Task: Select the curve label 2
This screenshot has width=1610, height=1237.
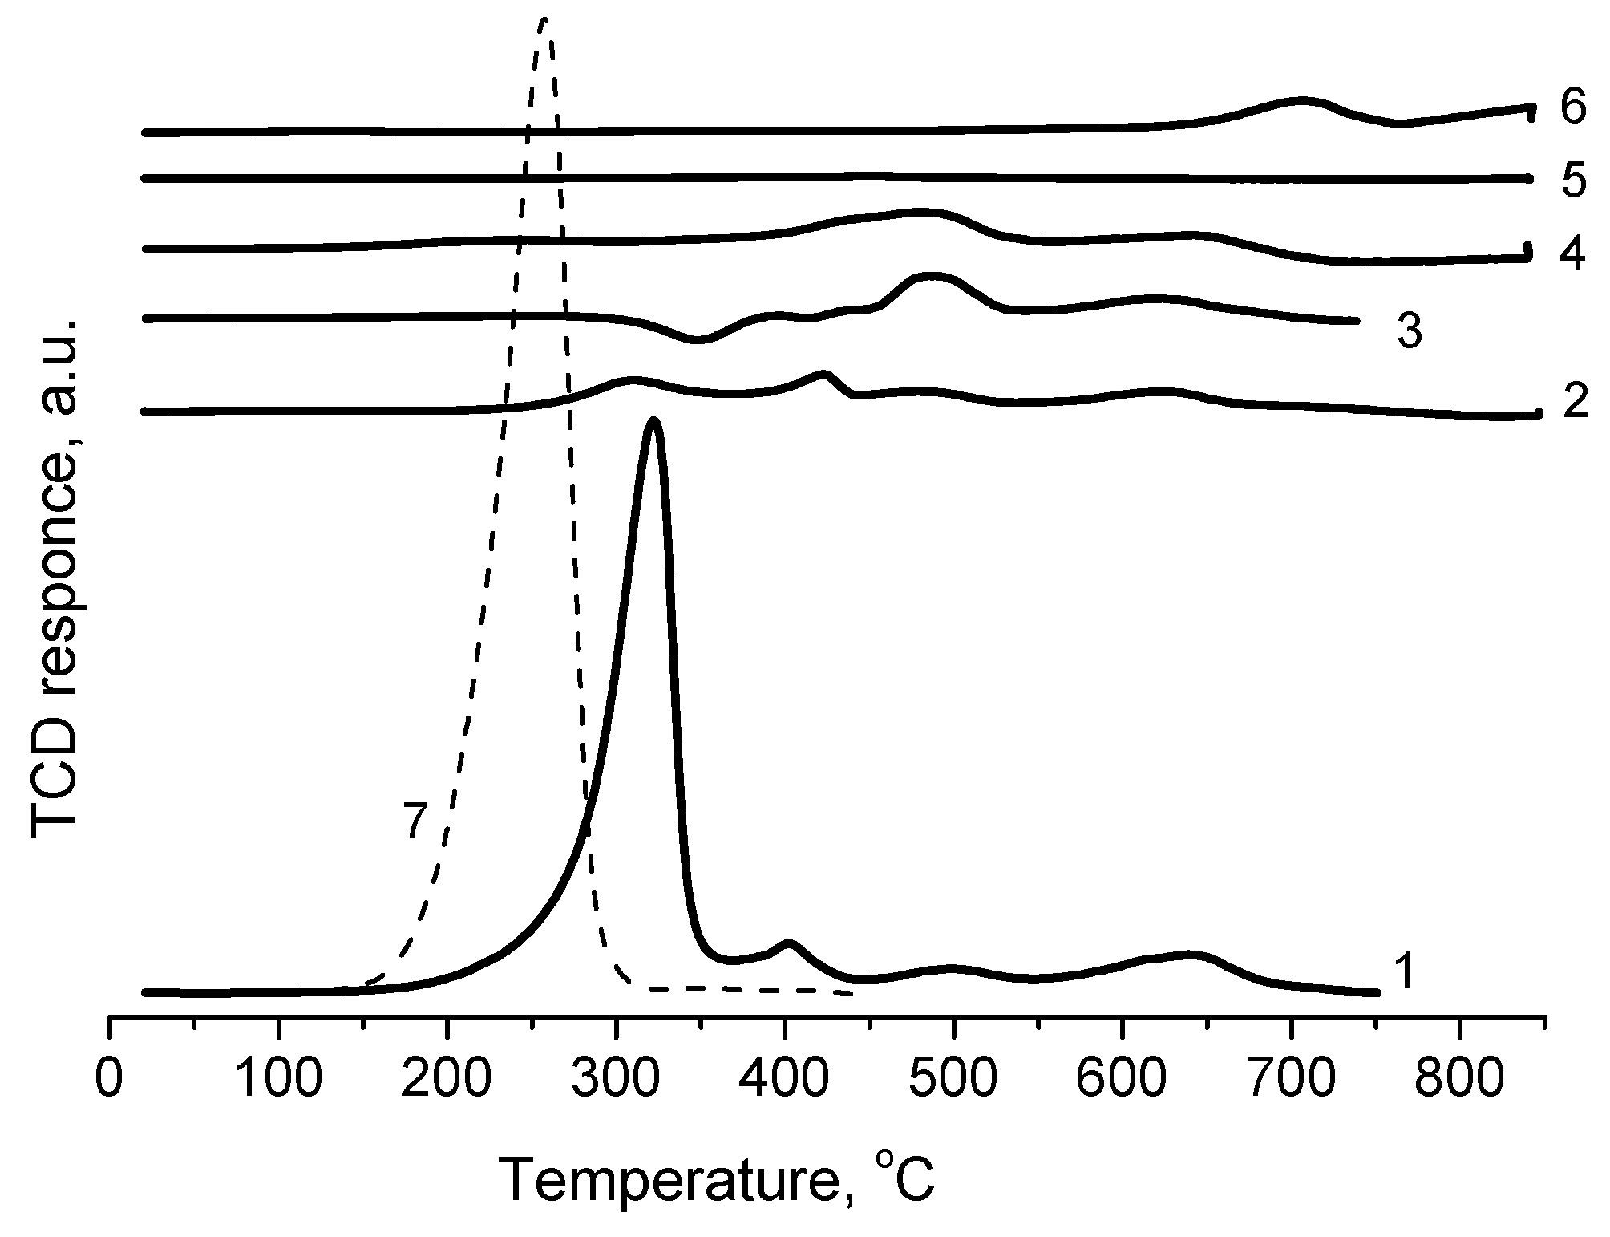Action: pos(1575,400)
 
